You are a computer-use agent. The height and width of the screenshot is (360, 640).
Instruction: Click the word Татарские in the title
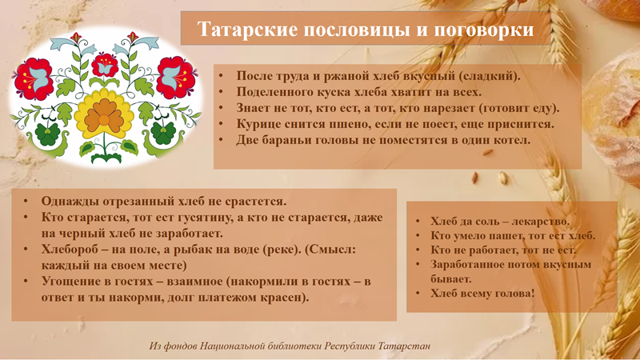tap(248, 30)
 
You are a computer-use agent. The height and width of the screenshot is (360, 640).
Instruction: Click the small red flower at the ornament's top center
tap(105, 66)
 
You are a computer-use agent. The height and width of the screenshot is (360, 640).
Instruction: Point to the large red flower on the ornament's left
tap(34, 78)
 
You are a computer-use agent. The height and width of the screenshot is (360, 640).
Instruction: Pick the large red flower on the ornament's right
tap(177, 78)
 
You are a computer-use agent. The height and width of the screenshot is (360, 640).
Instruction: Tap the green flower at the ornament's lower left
tap(48, 134)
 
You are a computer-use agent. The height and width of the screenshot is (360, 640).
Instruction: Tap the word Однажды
tap(70, 202)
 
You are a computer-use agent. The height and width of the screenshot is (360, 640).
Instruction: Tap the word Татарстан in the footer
tap(404, 346)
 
